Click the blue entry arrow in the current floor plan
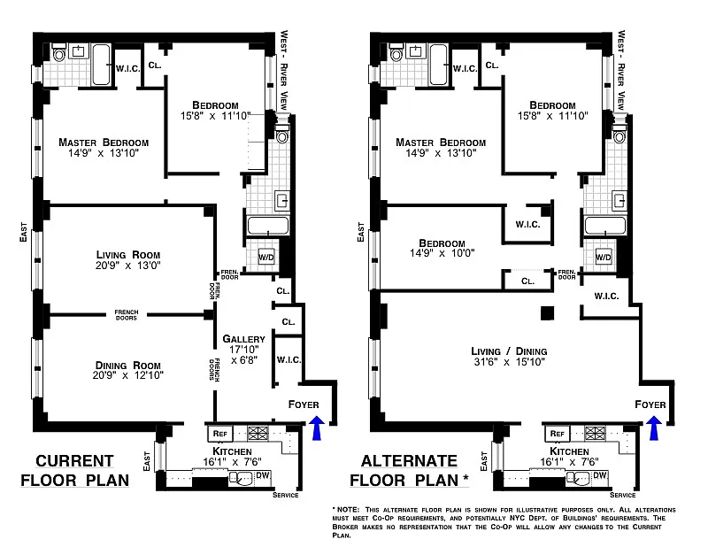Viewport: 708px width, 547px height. tap(318, 428)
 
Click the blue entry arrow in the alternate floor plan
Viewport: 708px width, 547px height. tap(654, 428)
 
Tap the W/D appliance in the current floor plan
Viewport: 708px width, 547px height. tap(266, 258)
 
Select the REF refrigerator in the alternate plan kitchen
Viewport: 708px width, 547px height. tap(558, 433)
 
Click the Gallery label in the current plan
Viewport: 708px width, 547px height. tap(244, 339)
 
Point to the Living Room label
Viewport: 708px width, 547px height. tap(128, 254)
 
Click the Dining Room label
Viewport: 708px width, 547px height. tap(128, 365)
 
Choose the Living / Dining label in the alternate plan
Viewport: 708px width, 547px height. tap(510, 351)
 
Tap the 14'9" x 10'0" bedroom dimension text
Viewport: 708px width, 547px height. tap(442, 253)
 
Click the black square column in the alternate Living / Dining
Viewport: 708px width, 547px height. tap(548, 313)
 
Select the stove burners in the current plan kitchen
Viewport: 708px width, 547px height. tap(258, 433)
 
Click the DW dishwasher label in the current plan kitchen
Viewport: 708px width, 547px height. tap(263, 475)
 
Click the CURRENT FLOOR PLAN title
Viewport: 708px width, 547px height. tap(75, 470)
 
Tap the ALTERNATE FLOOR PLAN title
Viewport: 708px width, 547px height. tap(409, 470)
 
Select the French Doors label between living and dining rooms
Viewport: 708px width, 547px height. tap(127, 315)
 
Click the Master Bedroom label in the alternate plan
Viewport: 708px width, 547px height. tap(441, 143)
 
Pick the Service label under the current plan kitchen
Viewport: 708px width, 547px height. tap(285, 495)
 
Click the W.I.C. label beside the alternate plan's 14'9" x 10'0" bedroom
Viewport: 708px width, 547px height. tap(527, 225)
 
